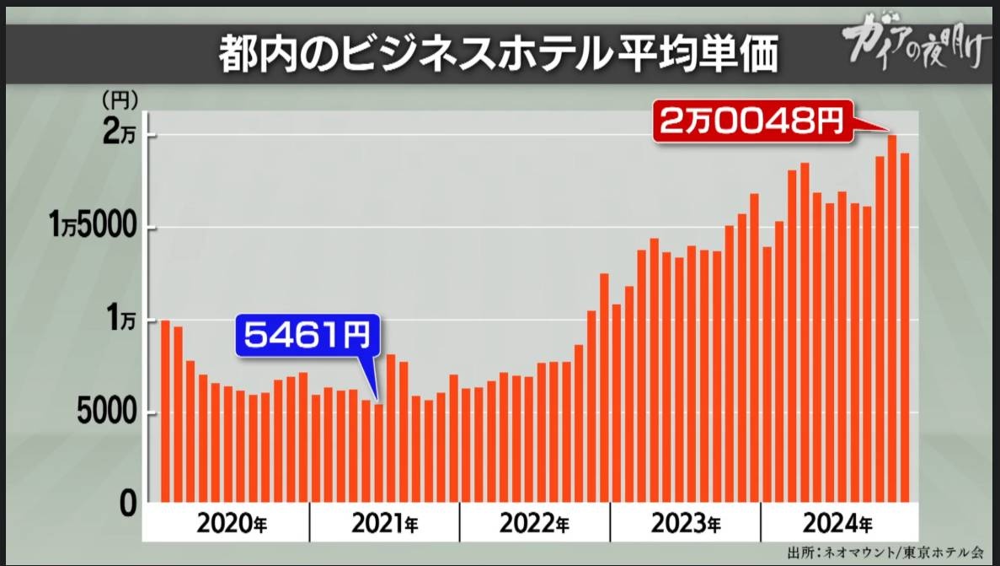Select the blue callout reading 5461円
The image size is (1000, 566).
coord(307,337)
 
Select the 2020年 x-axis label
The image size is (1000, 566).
coord(233,524)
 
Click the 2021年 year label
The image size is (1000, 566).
coord(384,524)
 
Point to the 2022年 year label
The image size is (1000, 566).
coord(533,524)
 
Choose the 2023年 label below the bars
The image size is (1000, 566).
coord(685,524)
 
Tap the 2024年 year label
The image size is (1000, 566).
coord(835,524)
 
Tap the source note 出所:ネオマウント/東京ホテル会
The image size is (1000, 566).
coord(885,553)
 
